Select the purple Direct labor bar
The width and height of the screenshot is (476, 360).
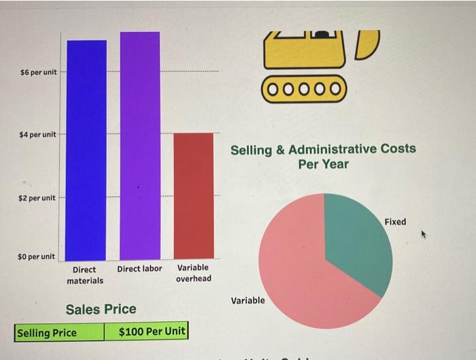tap(140, 146)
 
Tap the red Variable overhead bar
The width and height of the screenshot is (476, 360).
tap(194, 195)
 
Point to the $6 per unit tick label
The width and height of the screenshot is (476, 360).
tap(39, 72)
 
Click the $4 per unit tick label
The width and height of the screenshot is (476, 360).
tap(39, 135)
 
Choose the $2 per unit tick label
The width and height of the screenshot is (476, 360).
tap(39, 198)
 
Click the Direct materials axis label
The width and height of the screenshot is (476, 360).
tap(86, 275)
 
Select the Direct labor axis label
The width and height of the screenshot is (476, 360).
tap(139, 269)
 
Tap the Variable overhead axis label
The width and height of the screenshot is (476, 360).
tap(193, 273)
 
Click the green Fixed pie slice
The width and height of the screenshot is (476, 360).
tap(357, 238)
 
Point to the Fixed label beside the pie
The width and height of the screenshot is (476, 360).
tap(395, 222)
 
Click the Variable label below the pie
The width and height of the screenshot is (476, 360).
tap(248, 300)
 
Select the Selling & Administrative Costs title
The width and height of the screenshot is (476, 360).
tap(323, 157)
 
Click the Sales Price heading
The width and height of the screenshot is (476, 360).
tap(101, 310)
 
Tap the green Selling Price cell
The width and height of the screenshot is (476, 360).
tap(60, 333)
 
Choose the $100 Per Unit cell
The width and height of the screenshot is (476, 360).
tap(146, 332)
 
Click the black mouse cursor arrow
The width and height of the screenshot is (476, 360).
tap(424, 234)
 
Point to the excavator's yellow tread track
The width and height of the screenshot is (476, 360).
tap(304, 89)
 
